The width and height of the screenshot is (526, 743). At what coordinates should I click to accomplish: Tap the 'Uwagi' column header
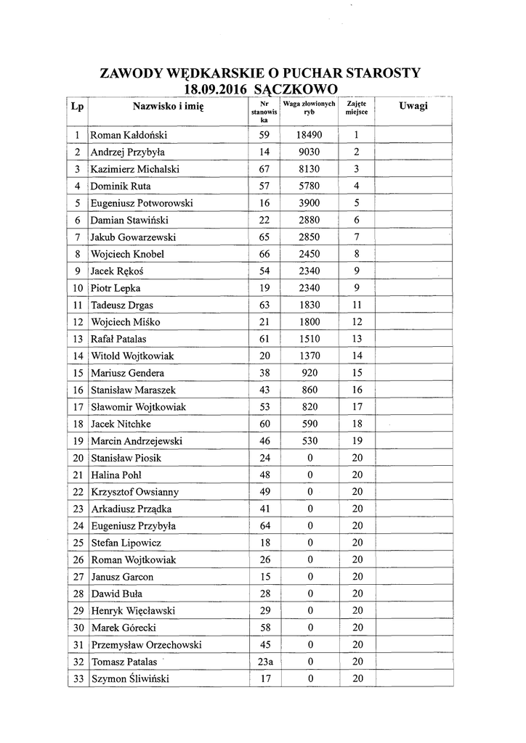click(413, 107)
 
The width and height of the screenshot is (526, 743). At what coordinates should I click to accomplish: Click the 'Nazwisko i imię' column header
click(169, 107)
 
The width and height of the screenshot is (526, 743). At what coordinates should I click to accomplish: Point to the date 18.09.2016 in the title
click(215, 89)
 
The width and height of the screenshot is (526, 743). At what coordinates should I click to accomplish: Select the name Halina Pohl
click(116, 475)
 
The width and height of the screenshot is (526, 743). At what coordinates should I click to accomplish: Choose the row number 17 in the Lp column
click(77, 407)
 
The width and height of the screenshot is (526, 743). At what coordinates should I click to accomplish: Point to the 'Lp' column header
click(77, 107)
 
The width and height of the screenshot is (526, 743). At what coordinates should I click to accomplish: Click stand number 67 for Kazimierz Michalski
click(264, 169)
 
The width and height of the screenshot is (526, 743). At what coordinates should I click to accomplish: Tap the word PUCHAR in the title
click(308, 73)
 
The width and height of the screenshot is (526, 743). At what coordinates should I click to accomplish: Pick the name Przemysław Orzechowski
click(145, 645)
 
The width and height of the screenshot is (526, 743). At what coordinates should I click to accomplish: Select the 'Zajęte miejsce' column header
click(356, 109)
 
